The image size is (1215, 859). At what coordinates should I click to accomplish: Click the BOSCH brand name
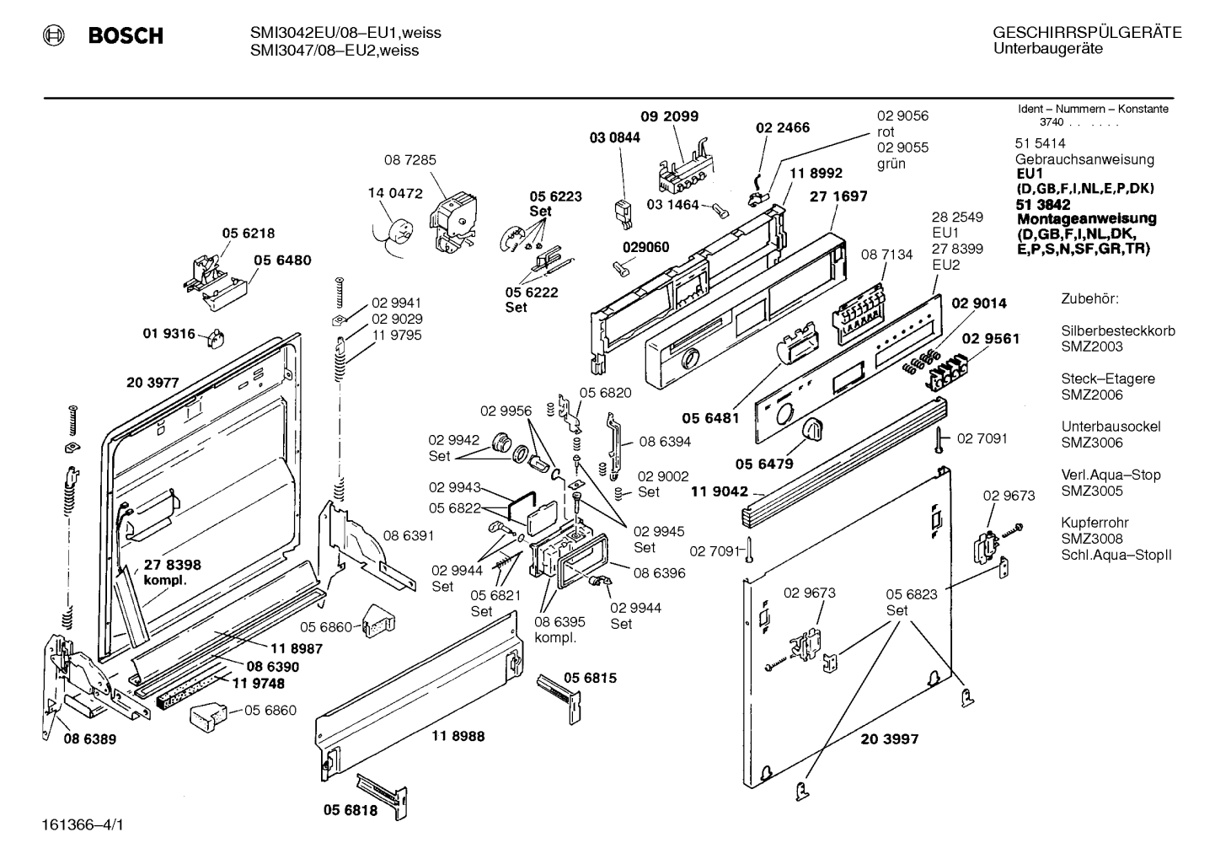[126, 35]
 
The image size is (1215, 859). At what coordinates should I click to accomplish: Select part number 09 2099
[669, 116]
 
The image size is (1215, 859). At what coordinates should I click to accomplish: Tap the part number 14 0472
[395, 193]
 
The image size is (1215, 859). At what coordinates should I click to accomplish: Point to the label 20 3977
[153, 383]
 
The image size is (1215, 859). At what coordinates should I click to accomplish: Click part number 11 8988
[458, 736]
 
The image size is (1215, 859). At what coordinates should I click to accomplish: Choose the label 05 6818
[351, 810]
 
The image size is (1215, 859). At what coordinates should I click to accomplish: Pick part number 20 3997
[890, 739]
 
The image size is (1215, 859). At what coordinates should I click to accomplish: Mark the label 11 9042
[720, 491]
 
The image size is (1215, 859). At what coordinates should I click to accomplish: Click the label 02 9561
[991, 339]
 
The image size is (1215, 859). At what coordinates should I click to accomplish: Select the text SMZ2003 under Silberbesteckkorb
[1092, 346]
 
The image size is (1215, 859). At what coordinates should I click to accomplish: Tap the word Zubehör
[1089, 298]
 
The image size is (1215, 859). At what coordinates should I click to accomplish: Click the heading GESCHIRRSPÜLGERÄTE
[1088, 33]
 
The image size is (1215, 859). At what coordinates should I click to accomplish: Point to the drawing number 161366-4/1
[83, 825]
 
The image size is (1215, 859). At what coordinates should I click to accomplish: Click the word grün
[891, 164]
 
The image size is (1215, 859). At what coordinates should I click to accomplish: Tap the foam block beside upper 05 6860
[378, 620]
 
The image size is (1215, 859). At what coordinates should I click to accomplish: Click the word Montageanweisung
[1086, 218]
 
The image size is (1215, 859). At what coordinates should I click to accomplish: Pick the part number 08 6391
[409, 535]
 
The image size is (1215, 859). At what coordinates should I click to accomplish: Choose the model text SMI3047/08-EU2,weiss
[335, 51]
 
